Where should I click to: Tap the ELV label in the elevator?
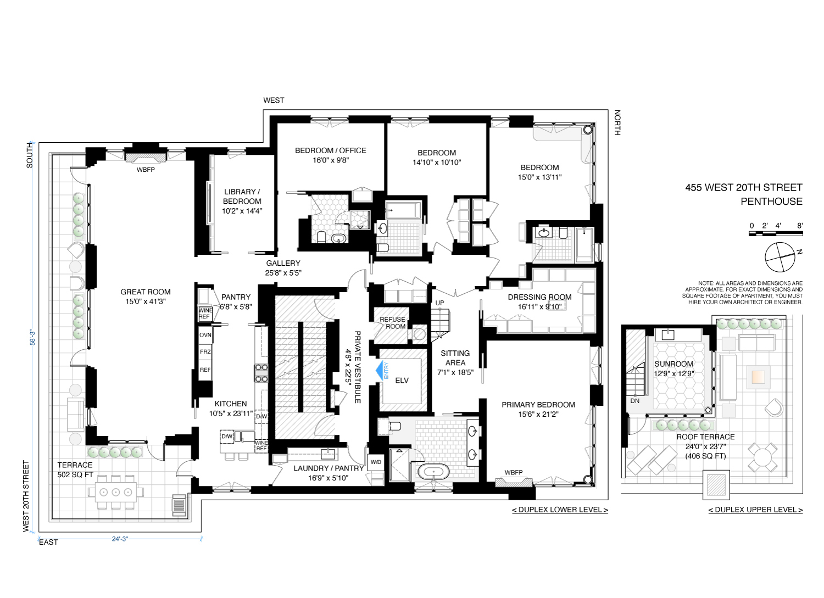(x=402, y=381)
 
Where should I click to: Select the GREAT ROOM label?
(x=146, y=292)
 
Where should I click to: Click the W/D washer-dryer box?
(x=376, y=462)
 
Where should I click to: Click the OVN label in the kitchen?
(x=205, y=335)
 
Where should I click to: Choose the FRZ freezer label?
(x=205, y=352)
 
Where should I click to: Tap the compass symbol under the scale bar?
(x=780, y=257)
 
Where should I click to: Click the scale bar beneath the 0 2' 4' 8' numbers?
(x=776, y=233)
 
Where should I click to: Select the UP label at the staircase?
(x=439, y=303)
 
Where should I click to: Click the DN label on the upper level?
(x=635, y=401)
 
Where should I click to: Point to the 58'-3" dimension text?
(x=33, y=337)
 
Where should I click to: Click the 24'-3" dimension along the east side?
(x=120, y=539)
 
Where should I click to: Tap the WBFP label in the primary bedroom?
(x=514, y=473)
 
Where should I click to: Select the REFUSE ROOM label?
(x=393, y=323)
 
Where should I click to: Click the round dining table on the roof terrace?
(x=764, y=457)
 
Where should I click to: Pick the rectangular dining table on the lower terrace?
(x=115, y=492)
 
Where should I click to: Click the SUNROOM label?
(x=674, y=364)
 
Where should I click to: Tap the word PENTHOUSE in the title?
(x=771, y=202)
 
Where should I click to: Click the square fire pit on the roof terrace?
(x=758, y=377)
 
